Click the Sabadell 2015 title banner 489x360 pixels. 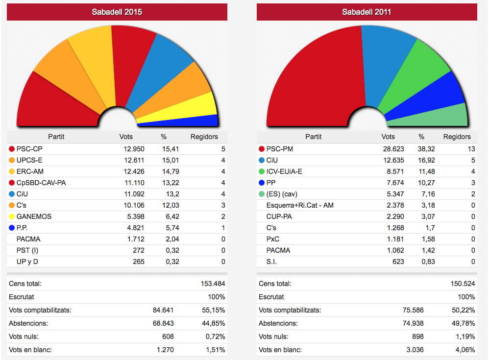click(117, 12)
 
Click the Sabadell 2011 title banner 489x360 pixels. click(367, 12)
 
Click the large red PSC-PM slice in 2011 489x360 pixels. click(314, 78)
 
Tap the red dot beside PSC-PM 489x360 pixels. click(261, 149)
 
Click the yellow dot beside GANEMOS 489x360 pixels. click(11, 216)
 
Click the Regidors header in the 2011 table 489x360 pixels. click(457, 137)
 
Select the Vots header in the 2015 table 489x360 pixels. click(126, 137)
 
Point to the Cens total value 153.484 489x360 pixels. click(213, 284)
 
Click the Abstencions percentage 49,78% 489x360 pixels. click(463, 323)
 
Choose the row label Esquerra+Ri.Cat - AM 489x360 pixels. click(300, 205)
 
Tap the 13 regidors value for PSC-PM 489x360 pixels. click(471, 149)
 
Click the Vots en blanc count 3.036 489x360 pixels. click(414, 350)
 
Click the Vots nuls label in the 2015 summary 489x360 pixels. click(24, 336)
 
